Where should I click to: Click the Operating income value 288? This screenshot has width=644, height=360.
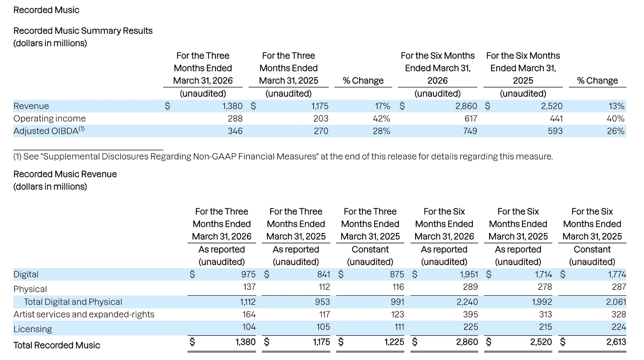click(235, 119)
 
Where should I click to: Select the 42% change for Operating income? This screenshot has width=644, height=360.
click(381, 119)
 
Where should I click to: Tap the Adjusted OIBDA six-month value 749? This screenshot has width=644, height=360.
click(470, 131)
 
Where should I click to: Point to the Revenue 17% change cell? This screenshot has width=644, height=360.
click(383, 106)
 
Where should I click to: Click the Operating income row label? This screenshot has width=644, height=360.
click(49, 119)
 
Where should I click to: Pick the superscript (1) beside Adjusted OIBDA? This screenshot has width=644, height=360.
click(82, 129)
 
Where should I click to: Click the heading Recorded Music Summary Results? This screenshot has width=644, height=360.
click(83, 31)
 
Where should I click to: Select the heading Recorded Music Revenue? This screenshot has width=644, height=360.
click(65, 174)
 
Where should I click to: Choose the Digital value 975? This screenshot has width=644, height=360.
click(248, 274)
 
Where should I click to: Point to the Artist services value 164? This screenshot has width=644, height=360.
click(249, 314)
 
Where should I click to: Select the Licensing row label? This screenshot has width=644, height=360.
click(33, 329)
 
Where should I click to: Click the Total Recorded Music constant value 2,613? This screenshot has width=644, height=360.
click(616, 342)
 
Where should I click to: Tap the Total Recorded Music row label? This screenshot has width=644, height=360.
click(57, 345)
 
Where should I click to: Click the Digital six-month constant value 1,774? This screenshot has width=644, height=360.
click(617, 274)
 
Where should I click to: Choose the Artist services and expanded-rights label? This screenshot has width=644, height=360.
click(84, 314)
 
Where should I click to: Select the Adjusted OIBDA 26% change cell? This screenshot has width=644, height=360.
click(616, 131)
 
